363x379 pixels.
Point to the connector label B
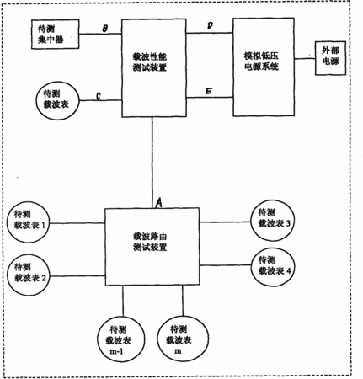point(104,29)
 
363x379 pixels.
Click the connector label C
point(99,96)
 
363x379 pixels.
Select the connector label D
point(210,26)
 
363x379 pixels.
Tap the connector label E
point(209,91)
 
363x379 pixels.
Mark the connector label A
point(159,203)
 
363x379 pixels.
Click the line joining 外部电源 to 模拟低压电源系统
point(305,59)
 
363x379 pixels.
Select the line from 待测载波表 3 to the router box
point(225,222)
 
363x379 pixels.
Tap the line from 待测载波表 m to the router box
point(183,301)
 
